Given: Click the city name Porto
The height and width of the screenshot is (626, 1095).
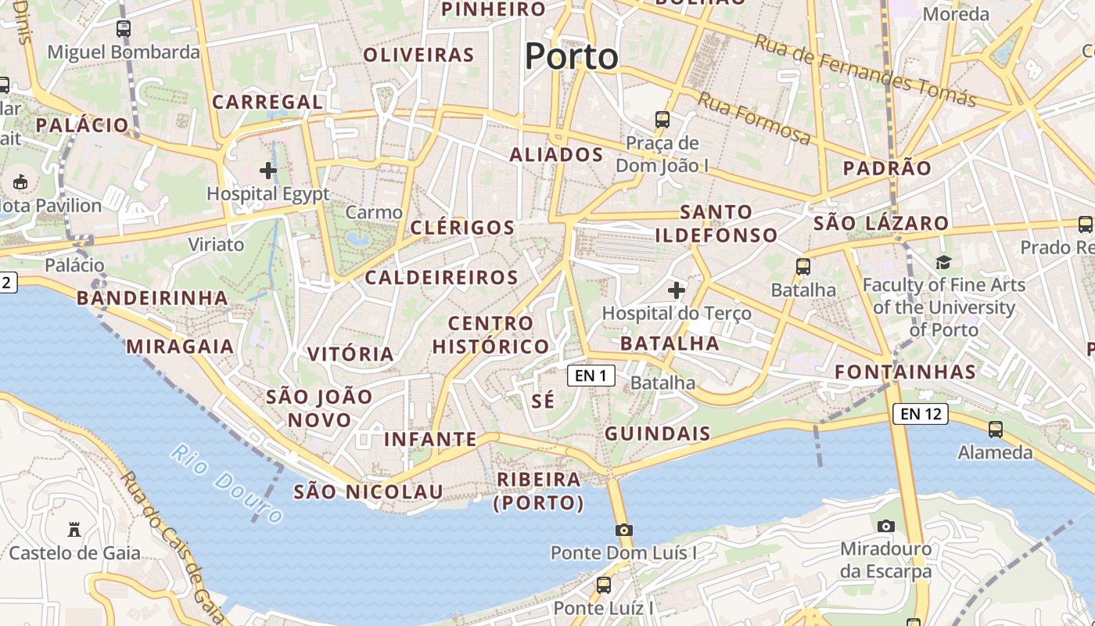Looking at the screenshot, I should (x=571, y=56).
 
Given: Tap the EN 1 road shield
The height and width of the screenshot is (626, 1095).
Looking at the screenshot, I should (x=591, y=376).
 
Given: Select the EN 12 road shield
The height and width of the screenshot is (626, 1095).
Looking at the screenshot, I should (x=921, y=414).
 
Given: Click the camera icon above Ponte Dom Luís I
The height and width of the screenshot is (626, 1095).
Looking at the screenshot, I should (x=623, y=530).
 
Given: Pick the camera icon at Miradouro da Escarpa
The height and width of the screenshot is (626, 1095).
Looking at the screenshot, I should (x=885, y=526).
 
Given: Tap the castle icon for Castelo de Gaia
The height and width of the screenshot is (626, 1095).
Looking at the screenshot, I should (x=74, y=530).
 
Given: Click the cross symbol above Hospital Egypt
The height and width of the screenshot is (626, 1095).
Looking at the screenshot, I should (x=268, y=170).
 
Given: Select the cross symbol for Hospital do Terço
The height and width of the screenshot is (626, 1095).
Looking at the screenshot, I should (x=677, y=291).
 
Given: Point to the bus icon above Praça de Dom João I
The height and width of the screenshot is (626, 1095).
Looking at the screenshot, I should (x=662, y=120).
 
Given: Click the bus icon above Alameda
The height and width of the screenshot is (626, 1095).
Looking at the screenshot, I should (x=995, y=429).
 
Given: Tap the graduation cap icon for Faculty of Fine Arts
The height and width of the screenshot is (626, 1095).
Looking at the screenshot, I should (x=943, y=262).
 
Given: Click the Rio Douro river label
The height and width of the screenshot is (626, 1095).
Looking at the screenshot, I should (x=227, y=484).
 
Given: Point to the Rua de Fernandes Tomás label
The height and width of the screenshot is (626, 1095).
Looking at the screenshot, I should (x=864, y=70).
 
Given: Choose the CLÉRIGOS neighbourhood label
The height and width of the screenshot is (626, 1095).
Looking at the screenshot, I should (x=463, y=228).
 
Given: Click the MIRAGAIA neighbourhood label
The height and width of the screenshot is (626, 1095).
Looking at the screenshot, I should (x=180, y=347).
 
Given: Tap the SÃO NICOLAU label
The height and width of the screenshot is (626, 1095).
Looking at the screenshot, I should (x=368, y=492).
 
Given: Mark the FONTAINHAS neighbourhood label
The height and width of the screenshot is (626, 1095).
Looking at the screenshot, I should (x=906, y=372).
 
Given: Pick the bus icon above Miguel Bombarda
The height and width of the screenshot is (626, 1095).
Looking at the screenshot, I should (x=124, y=29).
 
